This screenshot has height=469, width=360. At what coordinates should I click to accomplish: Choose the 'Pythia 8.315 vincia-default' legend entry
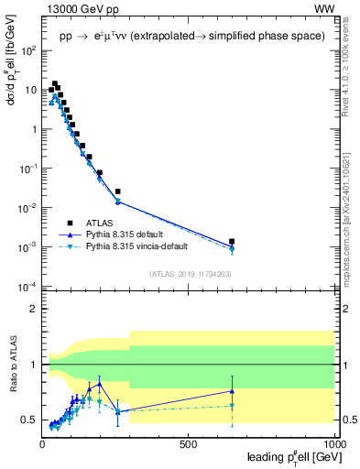coord(136,246)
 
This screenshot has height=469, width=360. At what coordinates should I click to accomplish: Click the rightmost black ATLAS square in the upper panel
coord(232,242)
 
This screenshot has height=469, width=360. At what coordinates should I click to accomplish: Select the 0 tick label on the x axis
coord(42,444)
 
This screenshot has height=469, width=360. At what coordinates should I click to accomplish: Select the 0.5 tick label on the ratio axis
coord(29,420)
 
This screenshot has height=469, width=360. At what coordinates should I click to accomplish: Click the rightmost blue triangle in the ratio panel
coord(232,391)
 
